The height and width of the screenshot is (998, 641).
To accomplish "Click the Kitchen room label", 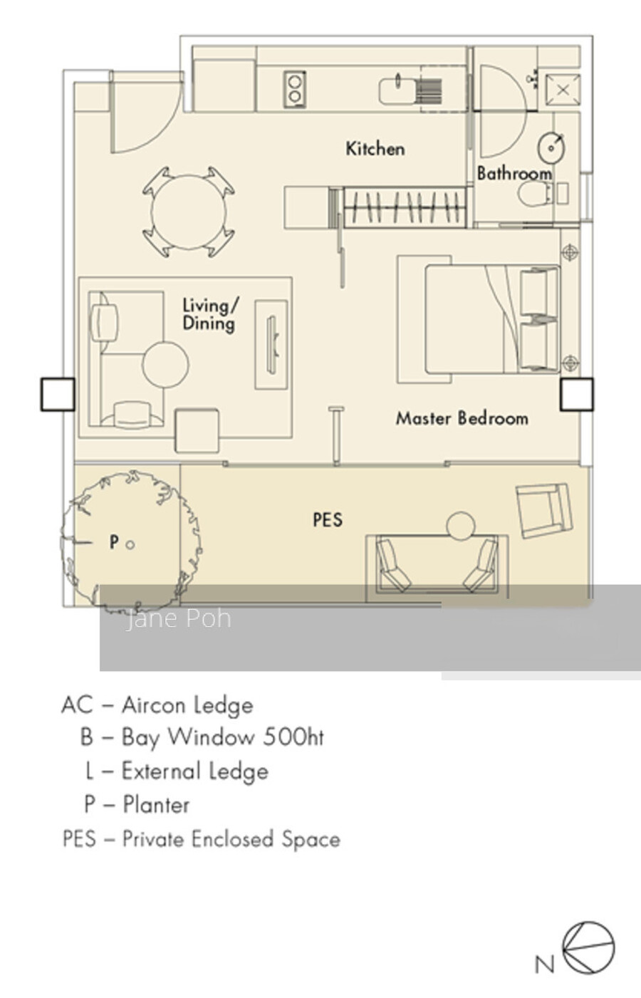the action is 375,149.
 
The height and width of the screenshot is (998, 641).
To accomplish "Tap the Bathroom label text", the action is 514,173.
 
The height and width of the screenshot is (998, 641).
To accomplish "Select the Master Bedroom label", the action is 462,418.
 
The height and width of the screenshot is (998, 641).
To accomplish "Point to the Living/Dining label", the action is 210,314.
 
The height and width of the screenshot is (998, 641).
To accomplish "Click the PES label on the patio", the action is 328,520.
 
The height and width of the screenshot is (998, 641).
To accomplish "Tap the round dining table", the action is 189,212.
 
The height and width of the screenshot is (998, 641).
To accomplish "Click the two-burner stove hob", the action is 294,90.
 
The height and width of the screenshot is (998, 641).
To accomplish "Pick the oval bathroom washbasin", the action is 551,147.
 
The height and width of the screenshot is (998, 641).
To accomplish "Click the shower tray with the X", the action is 563,90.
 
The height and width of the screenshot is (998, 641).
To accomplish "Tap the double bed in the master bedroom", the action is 492,319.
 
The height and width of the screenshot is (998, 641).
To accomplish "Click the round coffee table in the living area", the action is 165,365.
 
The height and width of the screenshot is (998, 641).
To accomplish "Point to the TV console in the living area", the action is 271,345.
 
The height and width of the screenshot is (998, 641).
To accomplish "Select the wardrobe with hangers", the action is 404,207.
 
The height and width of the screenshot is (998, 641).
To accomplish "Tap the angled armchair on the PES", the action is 544,511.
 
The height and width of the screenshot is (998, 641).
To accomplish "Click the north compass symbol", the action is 588,948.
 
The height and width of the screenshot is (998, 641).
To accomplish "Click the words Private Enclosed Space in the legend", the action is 231,839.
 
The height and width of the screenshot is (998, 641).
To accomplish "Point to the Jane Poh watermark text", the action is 179,619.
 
